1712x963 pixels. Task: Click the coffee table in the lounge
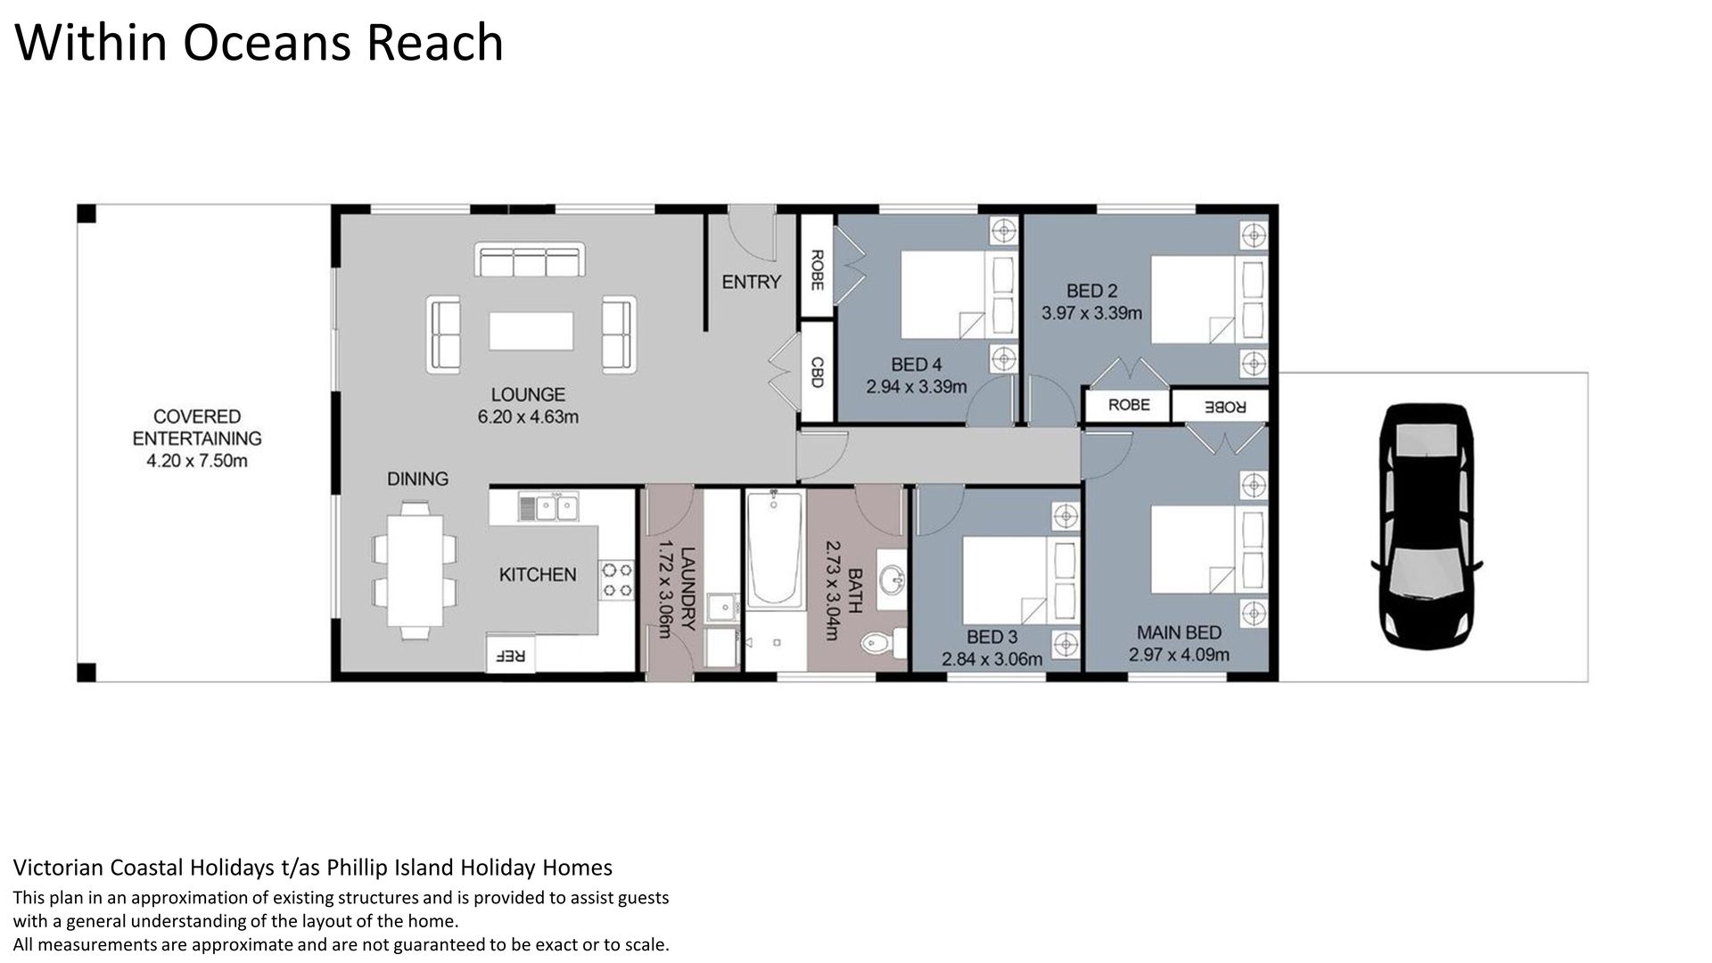531,330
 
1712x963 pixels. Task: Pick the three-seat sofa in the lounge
530,260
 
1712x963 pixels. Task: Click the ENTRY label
751,282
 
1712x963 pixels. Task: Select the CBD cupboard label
815,372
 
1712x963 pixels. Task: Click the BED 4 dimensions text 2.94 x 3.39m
916,387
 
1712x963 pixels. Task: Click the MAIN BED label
1179,632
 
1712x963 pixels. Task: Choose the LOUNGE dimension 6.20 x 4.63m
528,416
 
